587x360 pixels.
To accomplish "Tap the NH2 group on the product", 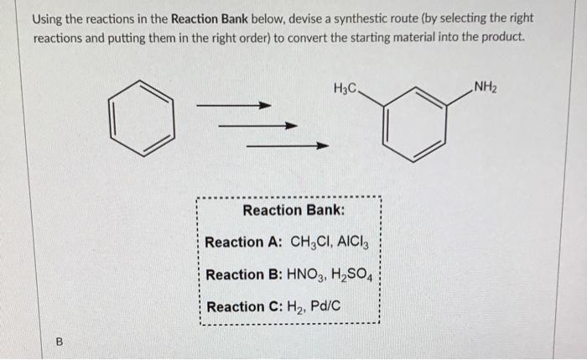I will point(487,85).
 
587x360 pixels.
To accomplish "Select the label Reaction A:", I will point(243,242).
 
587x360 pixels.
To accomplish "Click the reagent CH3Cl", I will point(308,243).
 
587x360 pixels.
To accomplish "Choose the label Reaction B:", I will point(243,274).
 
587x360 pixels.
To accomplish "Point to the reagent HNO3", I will point(307,275).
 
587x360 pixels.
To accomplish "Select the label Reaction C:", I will point(244,306).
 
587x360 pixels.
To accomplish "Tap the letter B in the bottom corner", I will point(59,342).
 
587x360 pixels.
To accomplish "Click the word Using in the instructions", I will point(49,18).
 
